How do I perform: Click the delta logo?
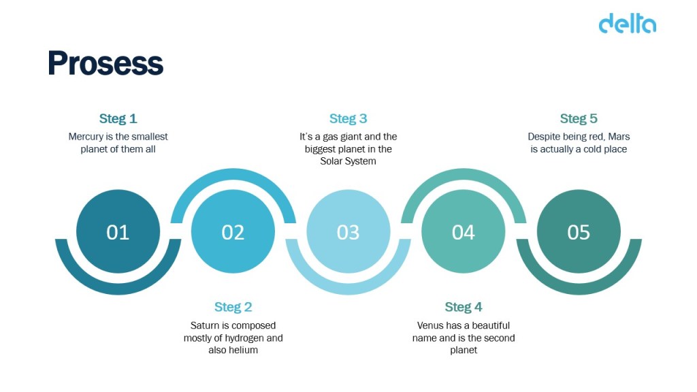627,24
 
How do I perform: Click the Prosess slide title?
106,63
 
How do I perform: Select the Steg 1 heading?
118,118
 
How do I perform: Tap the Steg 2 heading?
233,307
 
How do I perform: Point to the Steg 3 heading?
348,118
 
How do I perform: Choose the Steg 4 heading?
463,307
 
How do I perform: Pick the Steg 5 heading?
579,118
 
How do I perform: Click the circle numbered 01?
118,231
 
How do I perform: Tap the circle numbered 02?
233,231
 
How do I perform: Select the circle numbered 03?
348,231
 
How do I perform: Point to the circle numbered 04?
463,231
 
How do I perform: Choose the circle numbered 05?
579,231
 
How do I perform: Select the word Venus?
430,325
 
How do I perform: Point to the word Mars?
619,137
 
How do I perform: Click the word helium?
245,350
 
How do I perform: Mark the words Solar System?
348,161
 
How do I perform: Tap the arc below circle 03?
348,289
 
